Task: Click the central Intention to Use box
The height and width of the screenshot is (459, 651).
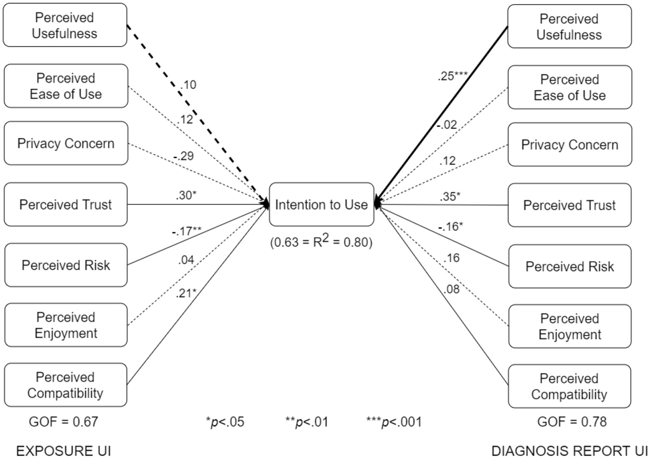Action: [x=321, y=205]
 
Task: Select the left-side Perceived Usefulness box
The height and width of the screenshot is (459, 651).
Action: [x=65, y=25]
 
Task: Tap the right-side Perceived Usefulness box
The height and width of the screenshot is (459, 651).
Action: [x=569, y=27]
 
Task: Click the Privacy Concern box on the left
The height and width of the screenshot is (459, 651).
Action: [x=66, y=144]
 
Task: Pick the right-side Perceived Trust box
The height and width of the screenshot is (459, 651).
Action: [x=569, y=206]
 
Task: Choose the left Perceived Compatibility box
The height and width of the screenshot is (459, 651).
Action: [x=65, y=385]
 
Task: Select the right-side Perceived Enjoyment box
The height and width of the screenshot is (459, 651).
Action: [x=570, y=327]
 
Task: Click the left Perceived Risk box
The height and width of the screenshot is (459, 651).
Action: [x=66, y=265]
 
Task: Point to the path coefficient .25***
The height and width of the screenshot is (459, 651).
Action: [x=453, y=76]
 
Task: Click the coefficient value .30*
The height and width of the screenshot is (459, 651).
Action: [x=186, y=195]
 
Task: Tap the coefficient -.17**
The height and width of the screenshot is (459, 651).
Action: [x=187, y=231]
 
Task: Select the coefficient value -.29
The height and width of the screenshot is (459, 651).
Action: [x=183, y=156]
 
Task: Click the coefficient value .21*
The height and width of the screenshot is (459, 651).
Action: [x=186, y=293]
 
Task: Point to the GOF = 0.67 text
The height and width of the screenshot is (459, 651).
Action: [x=64, y=422]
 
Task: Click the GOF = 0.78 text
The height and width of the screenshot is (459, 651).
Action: [x=572, y=422]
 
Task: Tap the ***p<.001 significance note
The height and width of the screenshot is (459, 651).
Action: [x=394, y=422]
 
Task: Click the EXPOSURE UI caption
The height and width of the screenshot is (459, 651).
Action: [x=64, y=451]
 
